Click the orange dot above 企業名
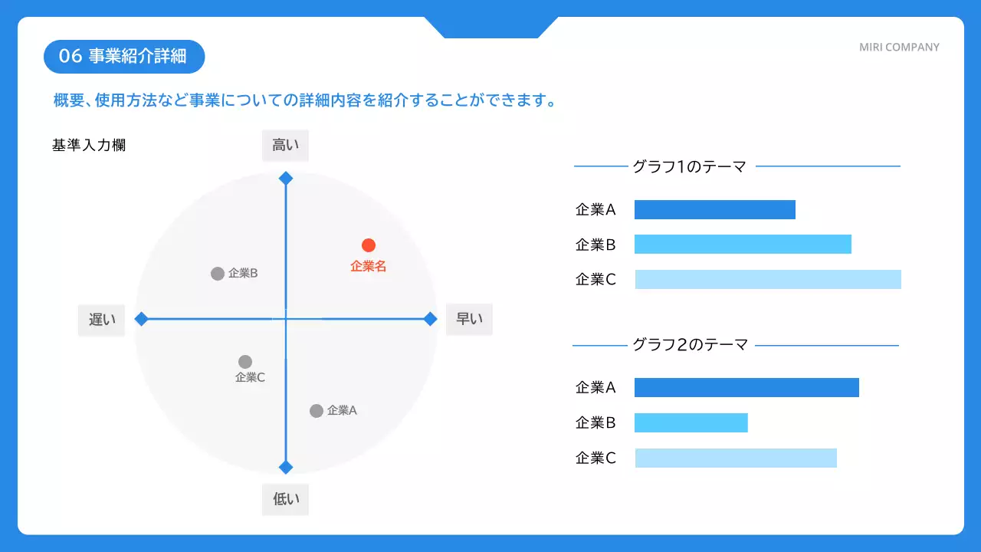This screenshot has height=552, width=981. tap(369, 245)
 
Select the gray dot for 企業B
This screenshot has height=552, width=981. tap(218, 274)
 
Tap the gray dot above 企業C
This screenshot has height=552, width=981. tap(245, 362)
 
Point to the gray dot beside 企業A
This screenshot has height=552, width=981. tap(317, 411)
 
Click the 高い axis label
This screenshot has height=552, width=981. tap(286, 146)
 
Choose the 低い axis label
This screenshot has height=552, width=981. tap(286, 499)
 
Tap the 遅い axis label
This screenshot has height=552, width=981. tap(102, 320)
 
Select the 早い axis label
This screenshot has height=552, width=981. tap(469, 319)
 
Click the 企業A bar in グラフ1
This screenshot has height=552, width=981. tap(714, 209)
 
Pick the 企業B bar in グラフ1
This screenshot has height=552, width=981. tap(743, 244)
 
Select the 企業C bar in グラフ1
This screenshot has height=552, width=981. tap(768, 279)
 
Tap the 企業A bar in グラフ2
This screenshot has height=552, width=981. tap(746, 387)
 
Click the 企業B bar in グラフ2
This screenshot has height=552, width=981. tap(691, 422)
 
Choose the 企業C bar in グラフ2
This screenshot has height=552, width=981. tap(736, 458)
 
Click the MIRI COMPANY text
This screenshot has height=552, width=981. tap(899, 48)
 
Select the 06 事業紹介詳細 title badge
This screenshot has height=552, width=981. tap(124, 57)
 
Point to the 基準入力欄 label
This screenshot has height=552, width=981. tap(89, 146)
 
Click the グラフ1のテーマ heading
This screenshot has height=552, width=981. tap(689, 166)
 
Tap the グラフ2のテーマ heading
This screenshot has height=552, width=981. tap(690, 345)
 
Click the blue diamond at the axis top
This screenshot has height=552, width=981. tap(286, 179)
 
